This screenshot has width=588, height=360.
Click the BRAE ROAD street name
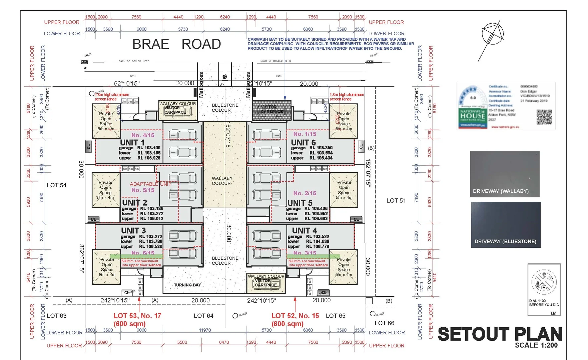pos(177,44)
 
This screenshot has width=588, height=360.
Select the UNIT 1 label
pos(132,142)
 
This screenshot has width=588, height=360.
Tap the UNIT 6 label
pos(303,142)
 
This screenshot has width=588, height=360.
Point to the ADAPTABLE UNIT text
pos(150,184)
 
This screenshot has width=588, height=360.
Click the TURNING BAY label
pos(187,285)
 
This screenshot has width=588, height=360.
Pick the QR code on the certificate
pos(544,117)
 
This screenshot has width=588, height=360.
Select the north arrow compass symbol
pos(492,35)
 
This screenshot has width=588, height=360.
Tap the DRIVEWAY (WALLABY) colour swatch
pos(505,174)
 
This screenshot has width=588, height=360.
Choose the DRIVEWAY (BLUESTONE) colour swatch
pos(506,224)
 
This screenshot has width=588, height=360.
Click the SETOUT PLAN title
pos(500,334)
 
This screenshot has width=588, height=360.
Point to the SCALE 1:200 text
pos(536,345)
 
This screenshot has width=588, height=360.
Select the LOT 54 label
pos(56,185)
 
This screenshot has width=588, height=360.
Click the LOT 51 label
pos(396,201)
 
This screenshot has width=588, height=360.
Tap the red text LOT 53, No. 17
pos(137,316)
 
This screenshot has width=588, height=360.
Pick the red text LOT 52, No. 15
pos(295,316)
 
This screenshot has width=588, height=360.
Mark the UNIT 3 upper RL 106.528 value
pos(150,247)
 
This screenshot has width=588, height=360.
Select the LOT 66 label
pos(384,323)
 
